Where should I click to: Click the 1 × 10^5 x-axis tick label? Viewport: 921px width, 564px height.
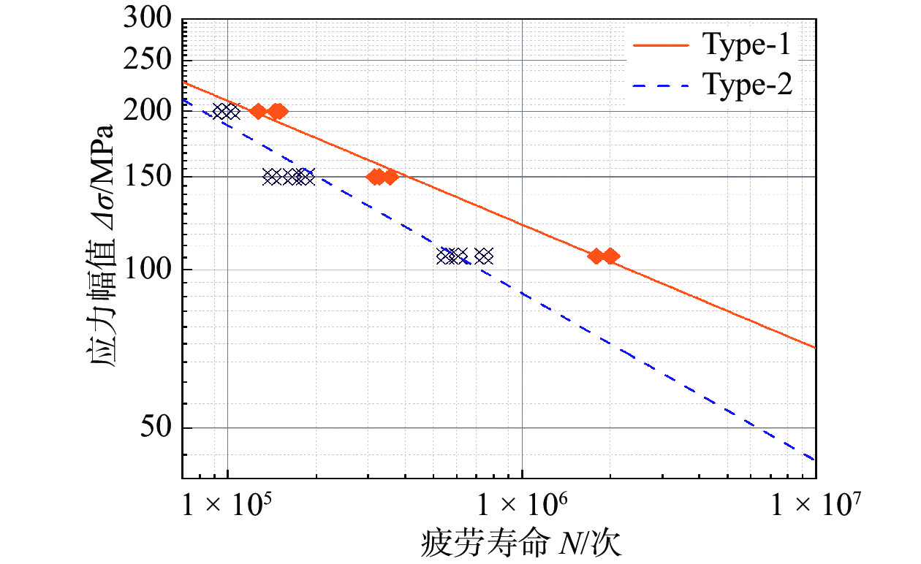(x=227, y=505)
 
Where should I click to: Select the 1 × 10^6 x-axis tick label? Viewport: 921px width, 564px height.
(x=522, y=505)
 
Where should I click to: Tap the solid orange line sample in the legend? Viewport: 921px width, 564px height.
(x=661, y=45)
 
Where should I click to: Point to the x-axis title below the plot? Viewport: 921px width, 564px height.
(x=522, y=544)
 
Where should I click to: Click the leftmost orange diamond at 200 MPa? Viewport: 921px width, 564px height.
(x=258, y=111)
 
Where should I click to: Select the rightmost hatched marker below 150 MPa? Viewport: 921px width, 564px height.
(x=484, y=256)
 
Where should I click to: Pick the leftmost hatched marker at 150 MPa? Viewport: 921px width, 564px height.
(x=272, y=176)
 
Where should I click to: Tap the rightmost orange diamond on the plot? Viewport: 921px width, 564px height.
(x=610, y=256)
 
